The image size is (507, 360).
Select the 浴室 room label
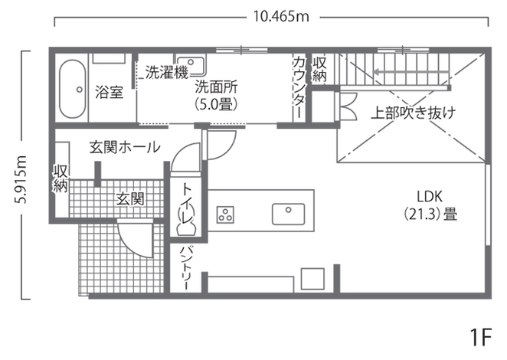(110, 93)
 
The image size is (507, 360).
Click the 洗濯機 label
(166, 74)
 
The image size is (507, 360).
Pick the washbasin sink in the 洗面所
(189, 63)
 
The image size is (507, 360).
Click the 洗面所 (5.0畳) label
(216, 93)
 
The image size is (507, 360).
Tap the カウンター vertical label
(299, 87)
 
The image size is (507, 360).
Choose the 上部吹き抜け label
(413, 113)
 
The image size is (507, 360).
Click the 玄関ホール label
(125, 147)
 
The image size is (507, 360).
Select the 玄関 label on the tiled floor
(131, 199)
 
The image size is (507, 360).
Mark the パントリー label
(185, 267)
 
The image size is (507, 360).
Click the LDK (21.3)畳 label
(430, 205)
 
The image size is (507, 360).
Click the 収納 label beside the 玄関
(61, 177)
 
